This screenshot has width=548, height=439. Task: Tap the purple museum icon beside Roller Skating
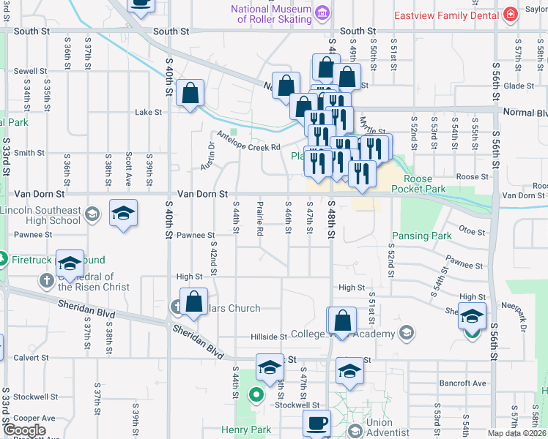[321, 12]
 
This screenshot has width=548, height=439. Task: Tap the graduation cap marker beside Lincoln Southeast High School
[123, 214]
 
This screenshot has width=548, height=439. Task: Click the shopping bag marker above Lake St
[190, 93]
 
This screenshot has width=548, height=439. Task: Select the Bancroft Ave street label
[462, 383]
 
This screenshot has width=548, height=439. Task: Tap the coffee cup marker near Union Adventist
[317, 424]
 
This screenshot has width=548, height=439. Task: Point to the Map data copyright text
[516, 433]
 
